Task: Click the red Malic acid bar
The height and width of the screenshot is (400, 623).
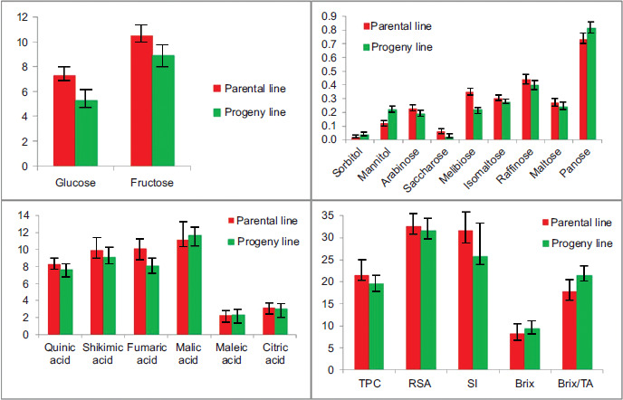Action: tap(183, 276)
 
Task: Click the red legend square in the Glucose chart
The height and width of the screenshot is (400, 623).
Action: tap(216, 89)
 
